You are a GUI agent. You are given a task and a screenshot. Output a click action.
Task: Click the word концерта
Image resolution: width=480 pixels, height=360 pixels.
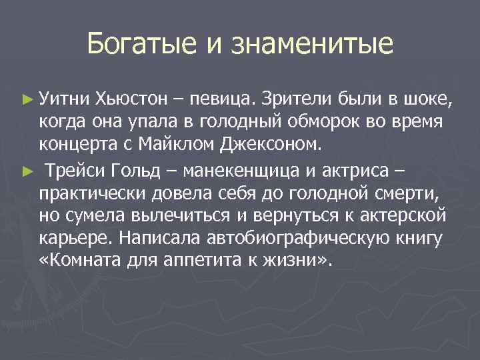pos(78,142)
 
